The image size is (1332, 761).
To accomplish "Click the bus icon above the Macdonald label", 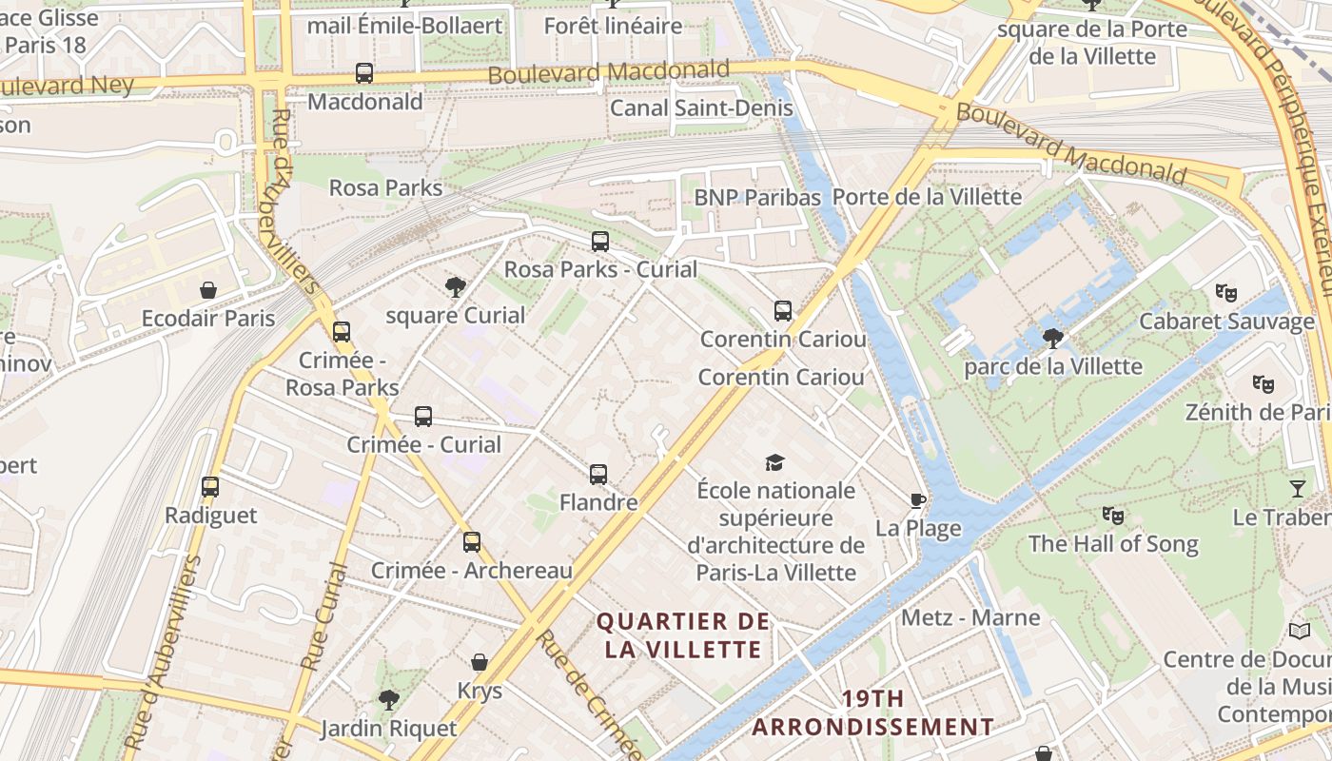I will coord(363,72).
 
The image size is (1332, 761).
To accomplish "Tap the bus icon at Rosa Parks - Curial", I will coord(599,241).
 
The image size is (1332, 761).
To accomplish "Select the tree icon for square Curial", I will coord(456,286).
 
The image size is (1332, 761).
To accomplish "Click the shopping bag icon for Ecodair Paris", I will coord(207,290).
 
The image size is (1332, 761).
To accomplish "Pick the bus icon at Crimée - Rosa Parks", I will coord(341,332).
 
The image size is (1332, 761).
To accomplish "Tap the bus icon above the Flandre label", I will coord(597,474).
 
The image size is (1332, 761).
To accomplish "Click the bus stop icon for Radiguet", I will coord(210,487).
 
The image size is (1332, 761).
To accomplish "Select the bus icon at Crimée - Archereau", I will coord(471,542).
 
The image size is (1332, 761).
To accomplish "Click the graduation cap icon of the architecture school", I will coord(775,462).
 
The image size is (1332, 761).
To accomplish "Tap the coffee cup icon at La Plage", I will coord(917,500).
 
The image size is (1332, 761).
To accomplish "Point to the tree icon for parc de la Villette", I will coord(1052,338).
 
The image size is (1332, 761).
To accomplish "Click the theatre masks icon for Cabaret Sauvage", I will coord(1225,293).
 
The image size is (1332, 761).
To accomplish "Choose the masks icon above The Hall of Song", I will coord(1112,516).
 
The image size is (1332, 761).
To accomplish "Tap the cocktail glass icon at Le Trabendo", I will coord(1298,489).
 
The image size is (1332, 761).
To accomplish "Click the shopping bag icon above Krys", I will coord(480,662).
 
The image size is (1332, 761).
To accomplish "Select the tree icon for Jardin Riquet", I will coord(388,700).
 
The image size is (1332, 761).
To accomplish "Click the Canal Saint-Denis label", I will coord(701,107).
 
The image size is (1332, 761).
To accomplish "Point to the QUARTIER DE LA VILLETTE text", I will coord(682,635).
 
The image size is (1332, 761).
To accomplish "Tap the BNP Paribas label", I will coord(757,197).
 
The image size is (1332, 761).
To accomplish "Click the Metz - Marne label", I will coord(970,617).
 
